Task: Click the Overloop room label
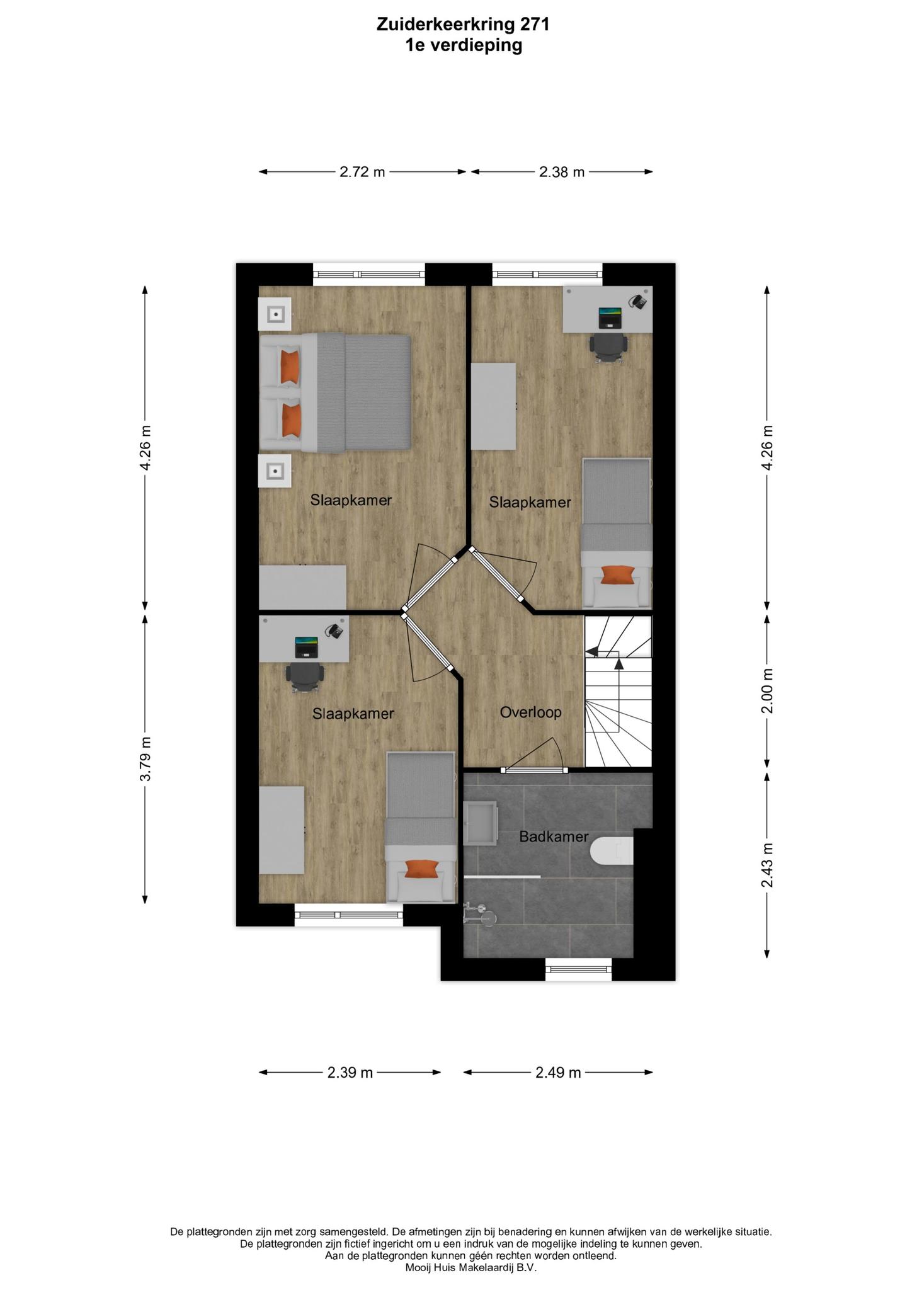point(530,712)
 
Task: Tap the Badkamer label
point(554,836)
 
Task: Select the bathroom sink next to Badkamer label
point(481,823)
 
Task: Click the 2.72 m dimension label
point(362,172)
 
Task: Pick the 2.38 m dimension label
point(562,172)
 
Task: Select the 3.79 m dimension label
point(145,758)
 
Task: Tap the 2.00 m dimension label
point(767,691)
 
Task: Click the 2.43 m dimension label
point(767,865)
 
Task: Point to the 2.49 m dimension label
point(558,1072)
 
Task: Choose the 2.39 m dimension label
point(350,1072)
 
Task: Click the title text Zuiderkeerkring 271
point(463,25)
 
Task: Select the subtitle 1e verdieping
point(464,45)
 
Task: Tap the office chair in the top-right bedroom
point(608,347)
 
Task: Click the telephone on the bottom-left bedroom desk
point(334,631)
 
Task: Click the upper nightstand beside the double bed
point(275,314)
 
